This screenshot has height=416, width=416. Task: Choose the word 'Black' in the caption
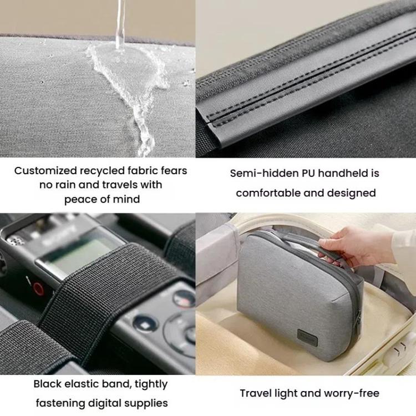48,384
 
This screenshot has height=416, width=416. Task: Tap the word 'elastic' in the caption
83,384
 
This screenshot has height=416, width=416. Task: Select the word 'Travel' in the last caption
256,393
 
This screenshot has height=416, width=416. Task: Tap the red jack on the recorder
38,288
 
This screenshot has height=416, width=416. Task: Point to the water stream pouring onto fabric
119,22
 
